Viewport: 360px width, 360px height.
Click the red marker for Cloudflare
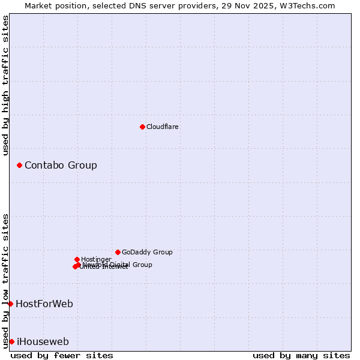[x=142, y=127]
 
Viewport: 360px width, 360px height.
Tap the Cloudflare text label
[x=162, y=127]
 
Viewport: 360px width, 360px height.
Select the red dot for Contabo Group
[x=19, y=165]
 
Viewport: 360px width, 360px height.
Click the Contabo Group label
[x=61, y=165]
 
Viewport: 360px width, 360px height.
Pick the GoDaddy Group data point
[x=118, y=252]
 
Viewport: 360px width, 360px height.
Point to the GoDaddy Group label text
[x=147, y=252]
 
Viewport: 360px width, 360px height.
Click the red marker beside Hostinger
[x=77, y=259]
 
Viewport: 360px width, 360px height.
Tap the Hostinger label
[x=96, y=259]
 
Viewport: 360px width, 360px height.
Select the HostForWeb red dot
[x=10, y=304]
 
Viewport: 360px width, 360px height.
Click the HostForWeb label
[x=44, y=304]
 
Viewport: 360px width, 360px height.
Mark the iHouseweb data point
[x=11, y=341]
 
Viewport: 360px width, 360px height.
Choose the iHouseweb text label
[x=43, y=341]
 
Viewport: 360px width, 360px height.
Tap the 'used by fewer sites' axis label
[x=62, y=355]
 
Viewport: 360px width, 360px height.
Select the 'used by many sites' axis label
[x=301, y=355]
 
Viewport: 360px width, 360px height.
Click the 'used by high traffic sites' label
[x=5, y=85]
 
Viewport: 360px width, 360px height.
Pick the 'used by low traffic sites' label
[x=5, y=281]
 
